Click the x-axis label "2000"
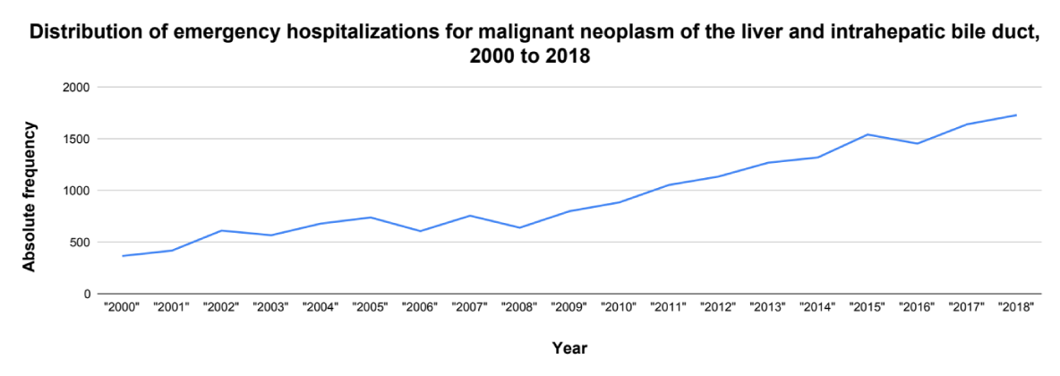(x=123, y=307)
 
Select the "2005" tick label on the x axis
(x=371, y=307)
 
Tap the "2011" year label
(x=669, y=307)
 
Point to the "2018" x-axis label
(x=1017, y=307)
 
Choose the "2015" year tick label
(x=868, y=307)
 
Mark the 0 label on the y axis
(x=87, y=294)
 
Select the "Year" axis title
(x=569, y=347)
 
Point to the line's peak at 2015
(x=868, y=134)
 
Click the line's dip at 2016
(x=918, y=143)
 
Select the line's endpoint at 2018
(x=1017, y=115)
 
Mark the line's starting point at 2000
(x=123, y=256)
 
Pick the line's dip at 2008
(x=520, y=227)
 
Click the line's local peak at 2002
(x=222, y=231)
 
